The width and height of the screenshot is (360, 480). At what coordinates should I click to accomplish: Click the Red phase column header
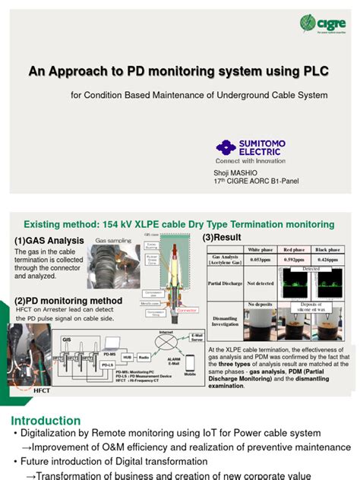click(295, 249)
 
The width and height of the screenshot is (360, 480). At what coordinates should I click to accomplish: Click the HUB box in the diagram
click(127, 357)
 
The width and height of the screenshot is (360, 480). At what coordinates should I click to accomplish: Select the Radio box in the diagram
click(144, 357)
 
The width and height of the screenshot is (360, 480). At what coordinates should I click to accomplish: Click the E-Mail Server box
click(196, 337)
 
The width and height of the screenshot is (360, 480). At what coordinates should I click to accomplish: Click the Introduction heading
click(46, 420)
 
